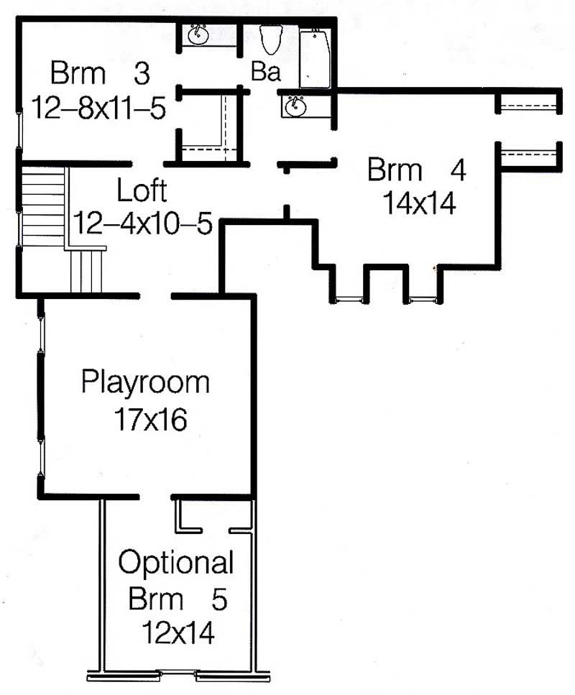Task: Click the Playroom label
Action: click(x=145, y=382)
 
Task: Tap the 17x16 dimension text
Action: click(x=149, y=419)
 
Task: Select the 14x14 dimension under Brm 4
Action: click(x=420, y=205)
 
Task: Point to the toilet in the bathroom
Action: click(x=271, y=40)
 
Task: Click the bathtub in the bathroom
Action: click(x=314, y=58)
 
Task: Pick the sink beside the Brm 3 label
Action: click(x=197, y=34)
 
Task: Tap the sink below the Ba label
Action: click(x=293, y=106)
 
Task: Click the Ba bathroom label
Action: click(x=265, y=73)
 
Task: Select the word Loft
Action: click(x=142, y=192)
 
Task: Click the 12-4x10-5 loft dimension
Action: click(x=143, y=225)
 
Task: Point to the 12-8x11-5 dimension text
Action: click(x=99, y=109)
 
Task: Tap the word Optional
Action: click(x=176, y=563)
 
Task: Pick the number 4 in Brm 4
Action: click(x=458, y=171)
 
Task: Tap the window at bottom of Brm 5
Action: click(x=178, y=674)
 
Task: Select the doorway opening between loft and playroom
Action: click(x=155, y=295)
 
